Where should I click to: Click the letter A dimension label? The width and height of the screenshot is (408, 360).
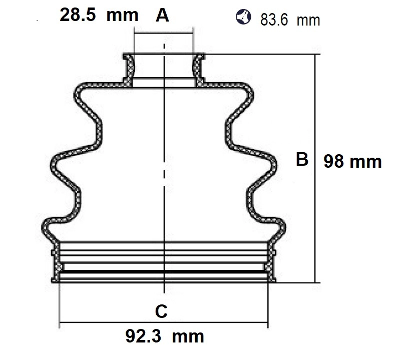pos(162,15)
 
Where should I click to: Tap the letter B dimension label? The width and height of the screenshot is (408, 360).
pos(302,159)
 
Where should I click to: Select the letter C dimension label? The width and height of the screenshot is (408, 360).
pos(161,311)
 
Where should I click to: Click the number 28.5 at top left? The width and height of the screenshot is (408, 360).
pos(78,15)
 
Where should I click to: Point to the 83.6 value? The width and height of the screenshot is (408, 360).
pos(274,20)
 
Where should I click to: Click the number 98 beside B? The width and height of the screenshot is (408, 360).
pos(334,161)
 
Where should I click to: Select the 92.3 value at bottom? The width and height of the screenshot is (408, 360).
pos(143,336)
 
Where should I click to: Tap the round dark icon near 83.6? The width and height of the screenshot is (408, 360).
pos(243,17)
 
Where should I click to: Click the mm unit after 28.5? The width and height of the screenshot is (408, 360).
pos(122,16)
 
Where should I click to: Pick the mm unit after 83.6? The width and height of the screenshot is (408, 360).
pos(308,21)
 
